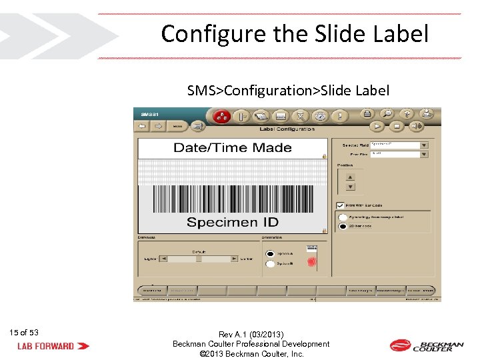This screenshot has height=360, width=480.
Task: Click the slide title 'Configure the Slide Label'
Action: click(295, 33)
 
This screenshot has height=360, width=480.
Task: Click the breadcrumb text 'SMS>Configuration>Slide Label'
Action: click(288, 90)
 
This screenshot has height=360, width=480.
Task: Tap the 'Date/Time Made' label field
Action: click(232, 148)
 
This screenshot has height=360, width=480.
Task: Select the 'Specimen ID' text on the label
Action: click(232, 222)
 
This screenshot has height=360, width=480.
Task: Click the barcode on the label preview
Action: click(232, 198)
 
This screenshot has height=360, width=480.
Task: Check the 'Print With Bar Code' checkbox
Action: click(340, 205)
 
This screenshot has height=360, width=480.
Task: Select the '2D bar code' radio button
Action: click(343, 227)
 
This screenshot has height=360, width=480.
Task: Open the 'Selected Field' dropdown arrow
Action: click(423, 145)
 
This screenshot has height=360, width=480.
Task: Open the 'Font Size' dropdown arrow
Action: click(423, 154)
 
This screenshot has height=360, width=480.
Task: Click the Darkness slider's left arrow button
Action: click(163, 259)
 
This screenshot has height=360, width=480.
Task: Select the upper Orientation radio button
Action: click(270, 253)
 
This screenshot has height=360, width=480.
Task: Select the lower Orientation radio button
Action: click(270, 264)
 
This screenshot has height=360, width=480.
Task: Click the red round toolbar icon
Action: click(221, 116)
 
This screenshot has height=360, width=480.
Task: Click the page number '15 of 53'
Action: click(24, 333)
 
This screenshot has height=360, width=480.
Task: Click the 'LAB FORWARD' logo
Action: click(53, 346)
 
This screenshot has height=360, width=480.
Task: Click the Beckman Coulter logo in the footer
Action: click(426, 345)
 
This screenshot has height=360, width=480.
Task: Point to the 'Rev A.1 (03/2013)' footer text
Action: click(251, 334)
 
